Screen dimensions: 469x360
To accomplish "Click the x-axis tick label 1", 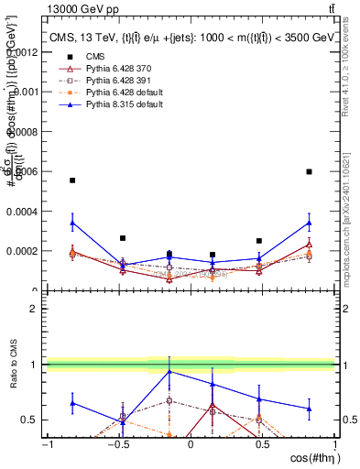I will pyautogui.click(x=333, y=444).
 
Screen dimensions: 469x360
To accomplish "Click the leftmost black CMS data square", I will pyautogui.click(x=72, y=180).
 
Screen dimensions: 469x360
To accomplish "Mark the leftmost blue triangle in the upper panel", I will pyautogui.click(x=72, y=222).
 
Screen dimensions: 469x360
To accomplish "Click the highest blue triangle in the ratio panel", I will pyautogui.click(x=169, y=371).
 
